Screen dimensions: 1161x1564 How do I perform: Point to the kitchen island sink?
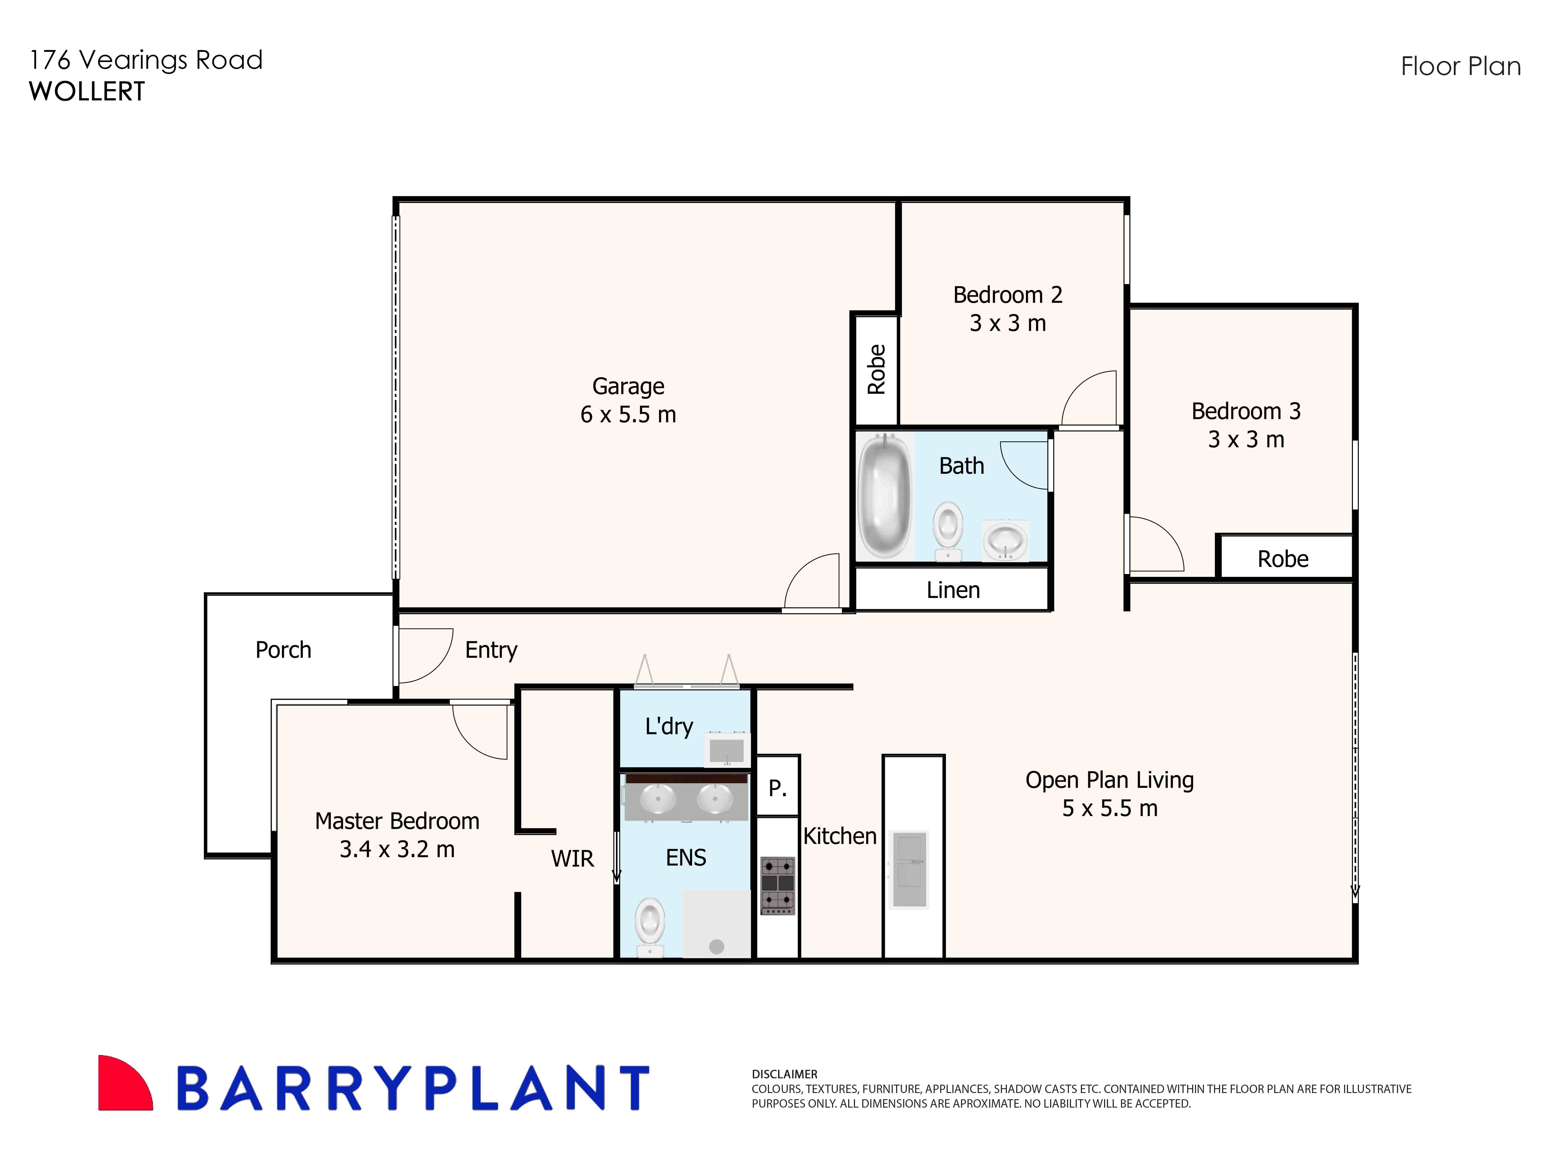(909, 869)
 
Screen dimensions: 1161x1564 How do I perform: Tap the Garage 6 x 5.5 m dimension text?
(628, 415)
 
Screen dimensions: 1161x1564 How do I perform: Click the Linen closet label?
(952, 590)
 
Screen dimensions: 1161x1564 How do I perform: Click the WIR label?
(572, 858)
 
